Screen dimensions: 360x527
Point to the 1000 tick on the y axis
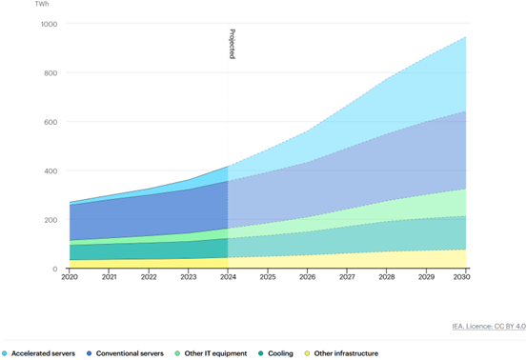coord(48,24)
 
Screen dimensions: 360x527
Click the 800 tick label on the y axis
coord(50,73)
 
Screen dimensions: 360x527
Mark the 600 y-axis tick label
coord(50,122)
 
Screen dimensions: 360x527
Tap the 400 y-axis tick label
coord(50,171)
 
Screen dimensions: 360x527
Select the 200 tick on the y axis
coord(50,220)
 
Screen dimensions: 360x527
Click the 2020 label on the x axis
coord(70,277)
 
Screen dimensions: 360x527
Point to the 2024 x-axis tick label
coord(228,277)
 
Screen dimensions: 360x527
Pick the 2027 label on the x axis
coord(347,277)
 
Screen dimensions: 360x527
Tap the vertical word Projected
coord(232,44)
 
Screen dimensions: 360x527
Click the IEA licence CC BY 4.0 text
coord(488,327)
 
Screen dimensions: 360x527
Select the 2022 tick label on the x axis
coord(149,277)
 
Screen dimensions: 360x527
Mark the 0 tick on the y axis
coord(54,270)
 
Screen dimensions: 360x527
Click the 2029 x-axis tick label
coord(426,277)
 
